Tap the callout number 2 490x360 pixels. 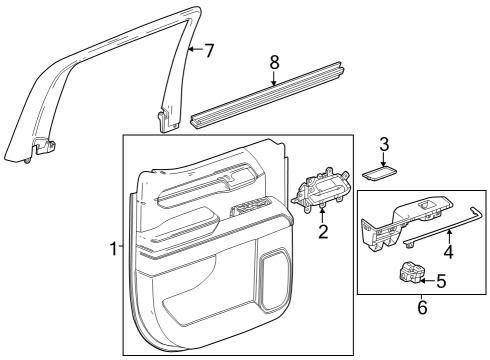click(x=323, y=233)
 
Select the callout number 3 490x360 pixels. click(x=383, y=144)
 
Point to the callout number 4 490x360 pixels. click(x=448, y=252)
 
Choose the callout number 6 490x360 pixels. click(x=421, y=308)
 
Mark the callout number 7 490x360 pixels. click(x=208, y=50)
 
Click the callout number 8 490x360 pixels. click(x=274, y=62)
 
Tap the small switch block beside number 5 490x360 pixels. click(x=410, y=272)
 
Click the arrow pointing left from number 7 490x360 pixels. click(x=196, y=50)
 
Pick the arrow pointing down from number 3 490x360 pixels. click(x=383, y=159)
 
